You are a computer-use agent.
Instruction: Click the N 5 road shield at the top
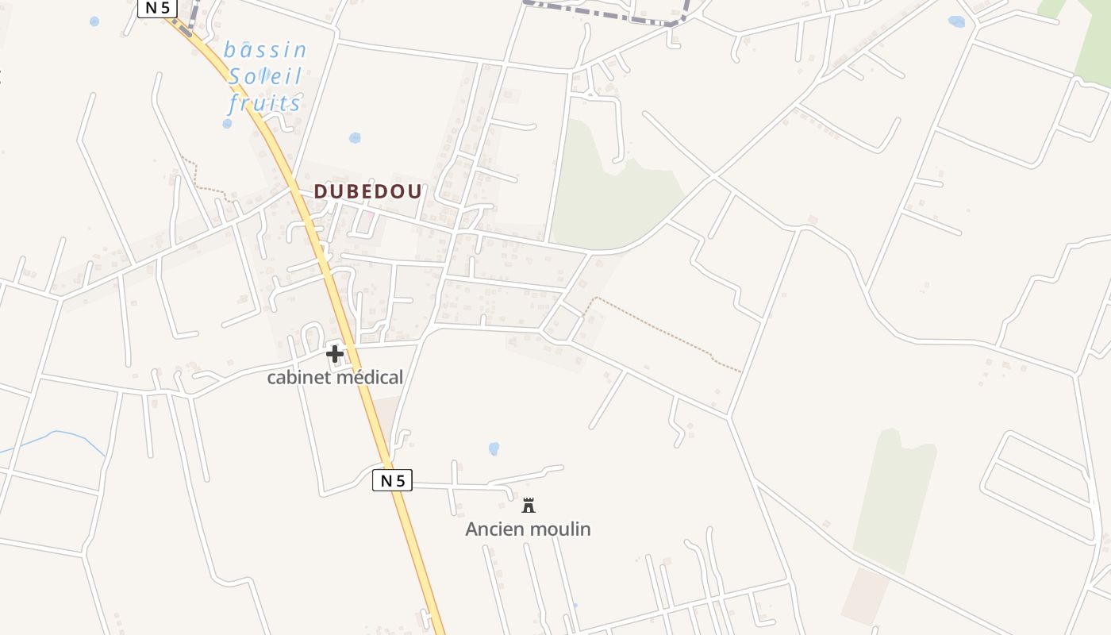157,8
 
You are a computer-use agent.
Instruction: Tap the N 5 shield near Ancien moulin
392,480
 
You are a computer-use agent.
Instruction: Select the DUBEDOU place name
368,192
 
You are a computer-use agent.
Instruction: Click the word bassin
265,51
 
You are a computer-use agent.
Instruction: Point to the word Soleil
265,77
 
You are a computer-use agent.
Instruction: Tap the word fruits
265,103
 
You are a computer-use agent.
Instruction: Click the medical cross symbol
335,353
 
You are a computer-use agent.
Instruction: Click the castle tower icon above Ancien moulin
529,506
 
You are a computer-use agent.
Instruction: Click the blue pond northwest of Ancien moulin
494,449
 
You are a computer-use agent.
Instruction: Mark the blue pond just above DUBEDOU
355,138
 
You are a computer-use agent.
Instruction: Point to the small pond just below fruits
228,124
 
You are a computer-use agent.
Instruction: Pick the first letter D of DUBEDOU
321,192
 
